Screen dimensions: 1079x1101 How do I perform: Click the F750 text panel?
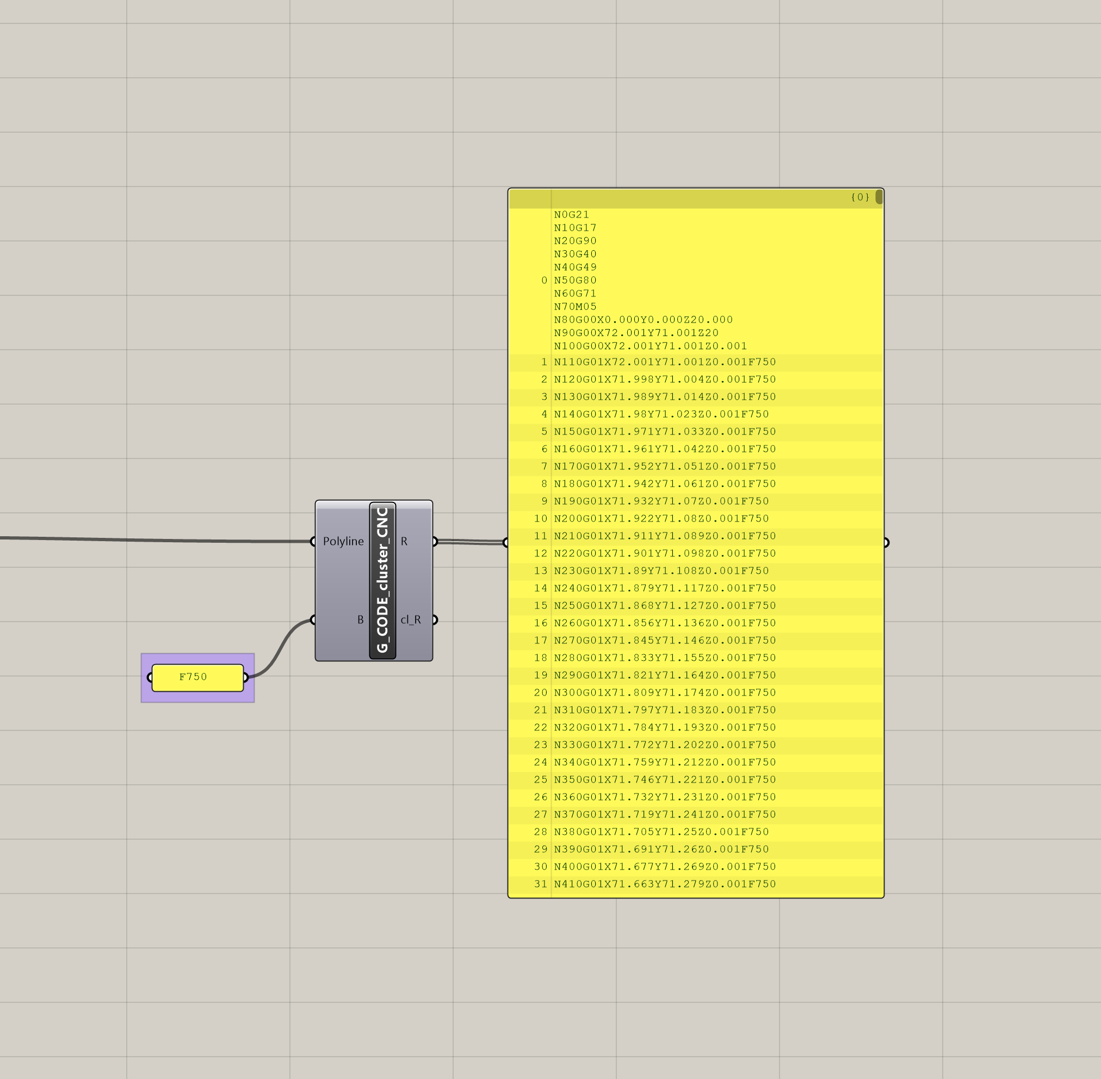point(197,677)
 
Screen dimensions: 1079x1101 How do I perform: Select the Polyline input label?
point(343,541)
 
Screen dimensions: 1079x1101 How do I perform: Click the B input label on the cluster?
point(360,619)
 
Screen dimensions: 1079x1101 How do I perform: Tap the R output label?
point(404,541)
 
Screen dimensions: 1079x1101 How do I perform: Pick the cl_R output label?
point(411,619)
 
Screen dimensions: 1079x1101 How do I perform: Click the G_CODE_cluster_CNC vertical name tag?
point(383,580)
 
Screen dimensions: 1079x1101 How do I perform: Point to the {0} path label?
point(859,197)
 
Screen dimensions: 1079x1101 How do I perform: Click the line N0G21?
point(572,215)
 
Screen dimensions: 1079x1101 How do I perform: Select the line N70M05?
point(575,307)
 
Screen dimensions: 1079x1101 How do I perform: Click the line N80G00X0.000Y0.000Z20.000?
point(643,320)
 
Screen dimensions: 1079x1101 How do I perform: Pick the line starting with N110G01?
point(664,362)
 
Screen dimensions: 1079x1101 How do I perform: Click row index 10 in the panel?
point(540,518)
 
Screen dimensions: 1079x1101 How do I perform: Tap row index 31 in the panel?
point(540,884)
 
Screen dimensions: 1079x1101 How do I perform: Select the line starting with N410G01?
point(664,884)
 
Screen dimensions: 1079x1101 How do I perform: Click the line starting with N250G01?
point(664,605)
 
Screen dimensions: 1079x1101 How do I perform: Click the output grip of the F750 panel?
point(245,677)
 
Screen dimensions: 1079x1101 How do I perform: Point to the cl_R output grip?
point(434,619)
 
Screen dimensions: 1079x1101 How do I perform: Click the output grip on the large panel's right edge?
point(886,542)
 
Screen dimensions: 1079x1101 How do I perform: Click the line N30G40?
point(575,254)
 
